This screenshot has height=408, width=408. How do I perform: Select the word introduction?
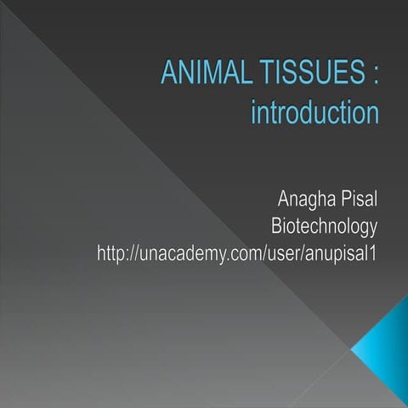[314, 112]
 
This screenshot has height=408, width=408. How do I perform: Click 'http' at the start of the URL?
[112, 252]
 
